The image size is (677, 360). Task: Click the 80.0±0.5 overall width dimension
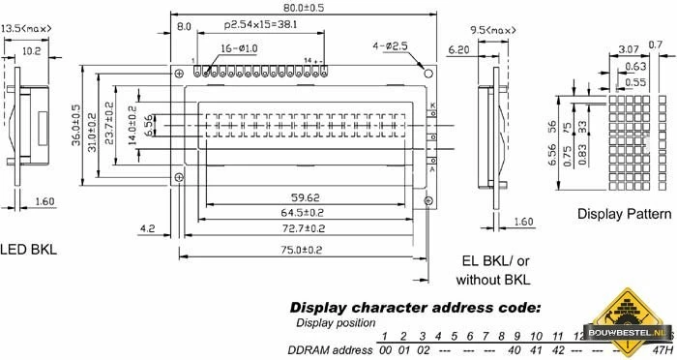click(x=302, y=8)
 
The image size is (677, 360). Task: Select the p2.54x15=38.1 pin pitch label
click(x=260, y=24)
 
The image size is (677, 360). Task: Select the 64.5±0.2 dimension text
click(x=303, y=212)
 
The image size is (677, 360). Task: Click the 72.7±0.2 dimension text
click(x=303, y=228)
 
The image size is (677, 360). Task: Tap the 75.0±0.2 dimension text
click(x=303, y=250)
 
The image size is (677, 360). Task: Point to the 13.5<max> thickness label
click(x=26, y=29)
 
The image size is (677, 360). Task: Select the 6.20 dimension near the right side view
click(x=458, y=46)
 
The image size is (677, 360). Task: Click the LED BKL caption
click(x=28, y=249)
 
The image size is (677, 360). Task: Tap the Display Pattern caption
click(x=624, y=213)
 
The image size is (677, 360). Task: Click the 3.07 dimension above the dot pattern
click(x=628, y=47)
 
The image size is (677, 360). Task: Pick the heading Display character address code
click(x=415, y=307)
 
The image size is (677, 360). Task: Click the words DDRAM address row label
click(x=329, y=349)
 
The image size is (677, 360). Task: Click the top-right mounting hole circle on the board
click(x=427, y=72)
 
